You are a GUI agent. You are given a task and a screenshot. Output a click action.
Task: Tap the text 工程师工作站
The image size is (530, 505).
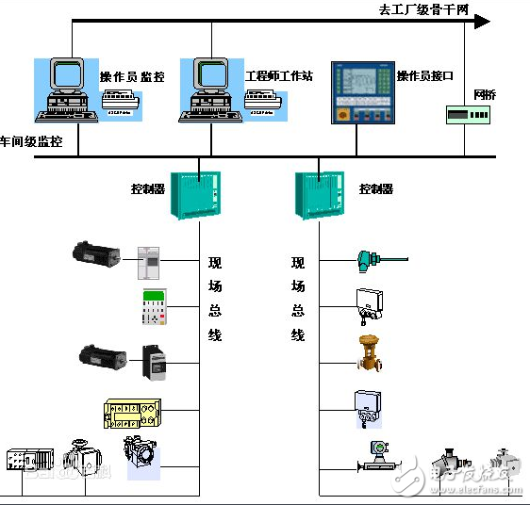tap(278, 76)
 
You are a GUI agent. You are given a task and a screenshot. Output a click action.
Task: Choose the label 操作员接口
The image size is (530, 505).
tap(425, 75)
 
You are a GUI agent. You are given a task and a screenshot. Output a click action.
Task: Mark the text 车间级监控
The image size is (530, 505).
tap(31, 142)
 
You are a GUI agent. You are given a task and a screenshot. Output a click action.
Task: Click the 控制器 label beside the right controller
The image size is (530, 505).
tap(375, 189)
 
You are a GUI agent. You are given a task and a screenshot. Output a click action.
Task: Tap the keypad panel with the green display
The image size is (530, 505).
tap(154, 307)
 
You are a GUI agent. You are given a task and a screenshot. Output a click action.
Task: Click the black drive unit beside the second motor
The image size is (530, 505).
tap(155, 362)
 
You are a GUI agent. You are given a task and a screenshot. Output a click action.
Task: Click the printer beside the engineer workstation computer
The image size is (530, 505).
tap(270, 97)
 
